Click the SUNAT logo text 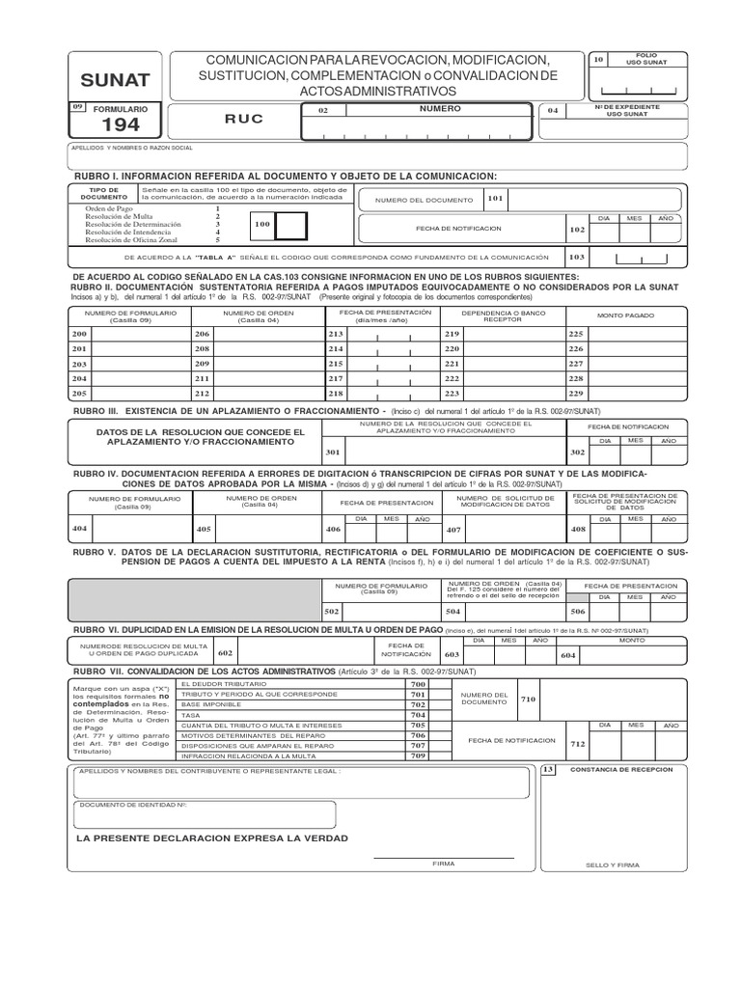[114, 80]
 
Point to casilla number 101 [495, 199]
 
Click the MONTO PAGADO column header [624, 316]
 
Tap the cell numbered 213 [336, 333]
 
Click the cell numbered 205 [80, 394]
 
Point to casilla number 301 [333, 452]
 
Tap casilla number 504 [453, 612]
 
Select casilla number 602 [226, 653]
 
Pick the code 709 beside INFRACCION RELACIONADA [417, 755]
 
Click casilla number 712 [578, 744]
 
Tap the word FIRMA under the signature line [443, 864]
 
